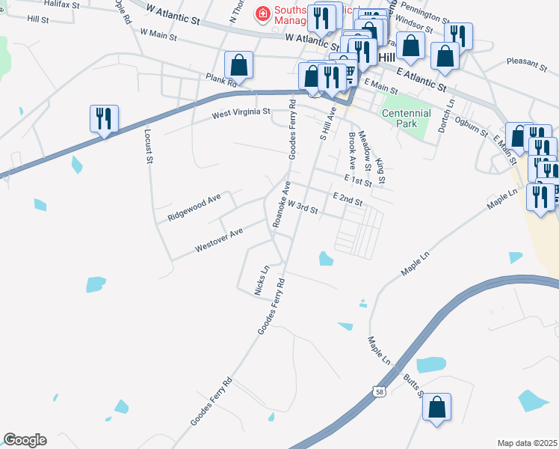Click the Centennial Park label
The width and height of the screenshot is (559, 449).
407,117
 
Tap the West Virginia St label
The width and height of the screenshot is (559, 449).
241,114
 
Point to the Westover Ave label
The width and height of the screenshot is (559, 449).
218,239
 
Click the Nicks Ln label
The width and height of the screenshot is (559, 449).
262,280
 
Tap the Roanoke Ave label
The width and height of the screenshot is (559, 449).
280,204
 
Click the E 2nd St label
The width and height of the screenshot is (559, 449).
348,200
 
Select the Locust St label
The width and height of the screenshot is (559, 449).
148,145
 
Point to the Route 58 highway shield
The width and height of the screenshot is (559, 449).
380,391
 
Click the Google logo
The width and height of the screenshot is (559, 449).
24,440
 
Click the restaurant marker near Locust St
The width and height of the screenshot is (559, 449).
104,119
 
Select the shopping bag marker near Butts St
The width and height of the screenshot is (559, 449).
436,408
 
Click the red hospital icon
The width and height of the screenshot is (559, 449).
262,13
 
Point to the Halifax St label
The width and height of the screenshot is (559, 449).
62,4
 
